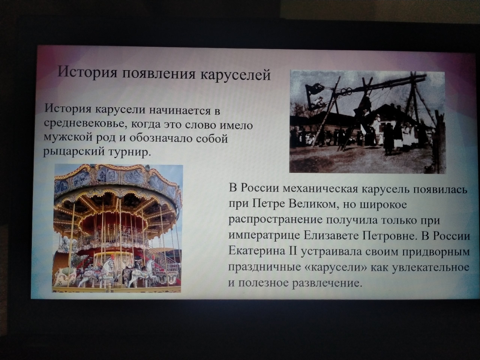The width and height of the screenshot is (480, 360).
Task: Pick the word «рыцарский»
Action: (74, 152)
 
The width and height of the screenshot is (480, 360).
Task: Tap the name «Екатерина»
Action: (257, 251)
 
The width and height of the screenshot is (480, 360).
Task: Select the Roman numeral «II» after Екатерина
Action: (293, 251)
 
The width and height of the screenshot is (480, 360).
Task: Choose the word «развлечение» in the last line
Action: (326, 283)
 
